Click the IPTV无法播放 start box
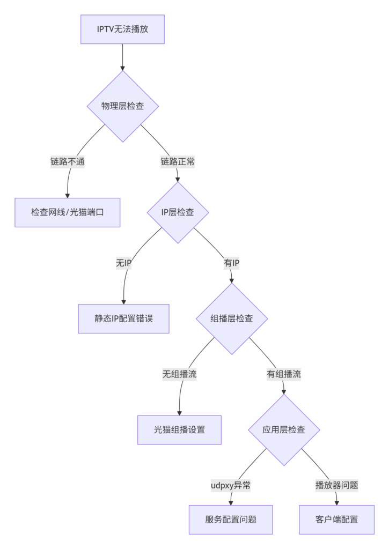pyautogui.click(x=122, y=29)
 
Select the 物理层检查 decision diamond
pyautogui.click(x=123, y=106)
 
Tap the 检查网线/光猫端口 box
pyautogui.click(x=67, y=212)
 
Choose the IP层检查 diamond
pyautogui.click(x=178, y=212)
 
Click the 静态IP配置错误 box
pyautogui.click(x=123, y=318)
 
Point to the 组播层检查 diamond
pyautogui.click(x=232, y=318)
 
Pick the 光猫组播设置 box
pyautogui.click(x=179, y=429)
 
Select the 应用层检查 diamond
pyautogui.click(x=284, y=429)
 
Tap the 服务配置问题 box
pyautogui.click(x=231, y=520)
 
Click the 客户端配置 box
pyautogui.click(x=337, y=520)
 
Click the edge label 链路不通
pyautogui.click(x=68, y=161)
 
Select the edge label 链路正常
pyautogui.click(x=178, y=161)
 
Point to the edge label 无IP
pyautogui.click(x=124, y=263)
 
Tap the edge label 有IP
pyautogui.click(x=232, y=263)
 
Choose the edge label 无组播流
pyautogui.click(x=179, y=374)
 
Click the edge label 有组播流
pyautogui.click(x=284, y=374)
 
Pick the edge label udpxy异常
pyautogui.click(x=231, y=485)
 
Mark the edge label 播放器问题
pyautogui.click(x=336, y=485)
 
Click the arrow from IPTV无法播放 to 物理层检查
pyautogui.click(x=122, y=57)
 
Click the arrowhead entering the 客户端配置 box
pyautogui.click(x=337, y=502)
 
